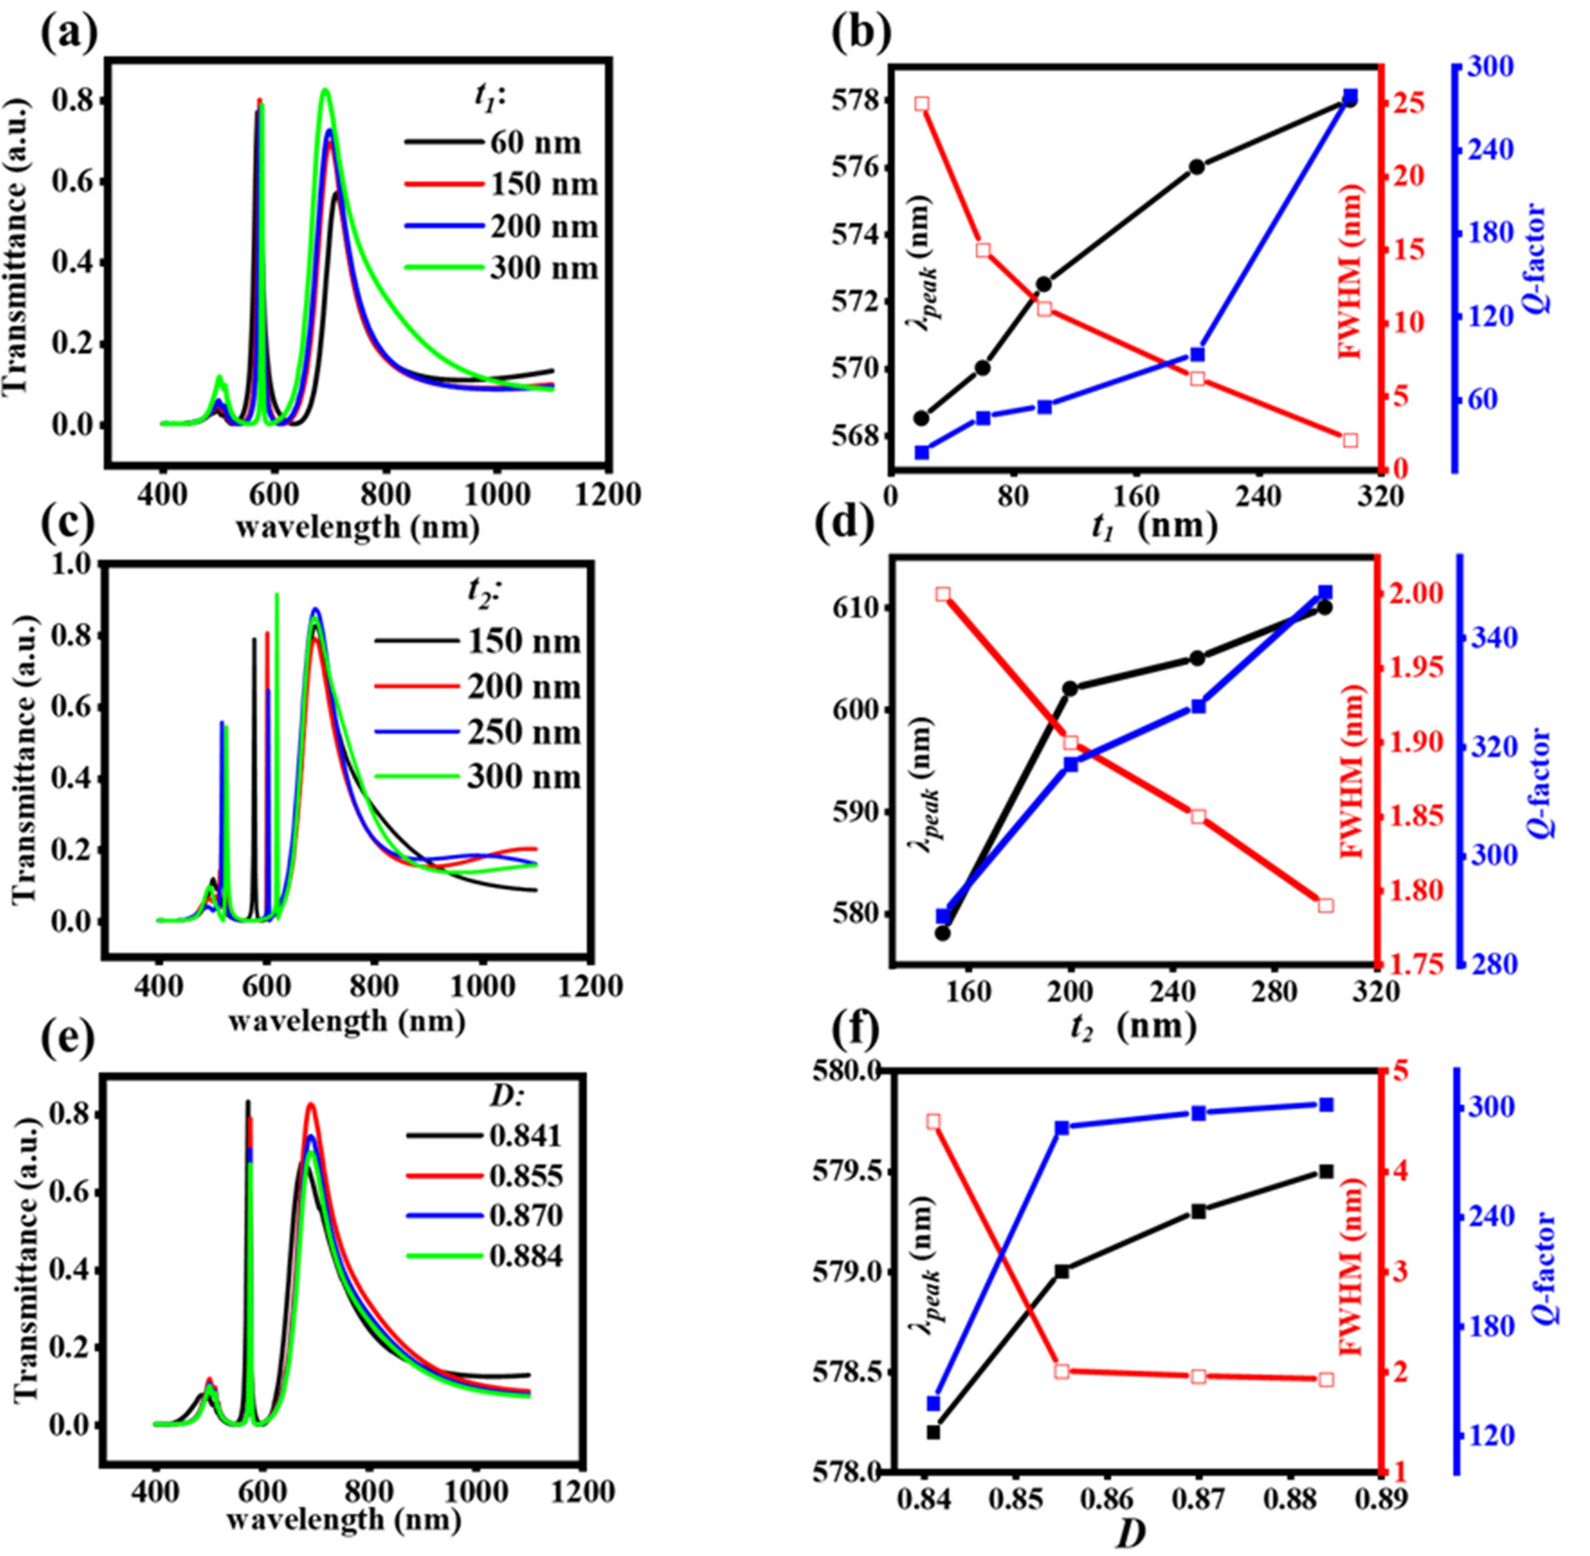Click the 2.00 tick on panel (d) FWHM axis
click(x=1418, y=593)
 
